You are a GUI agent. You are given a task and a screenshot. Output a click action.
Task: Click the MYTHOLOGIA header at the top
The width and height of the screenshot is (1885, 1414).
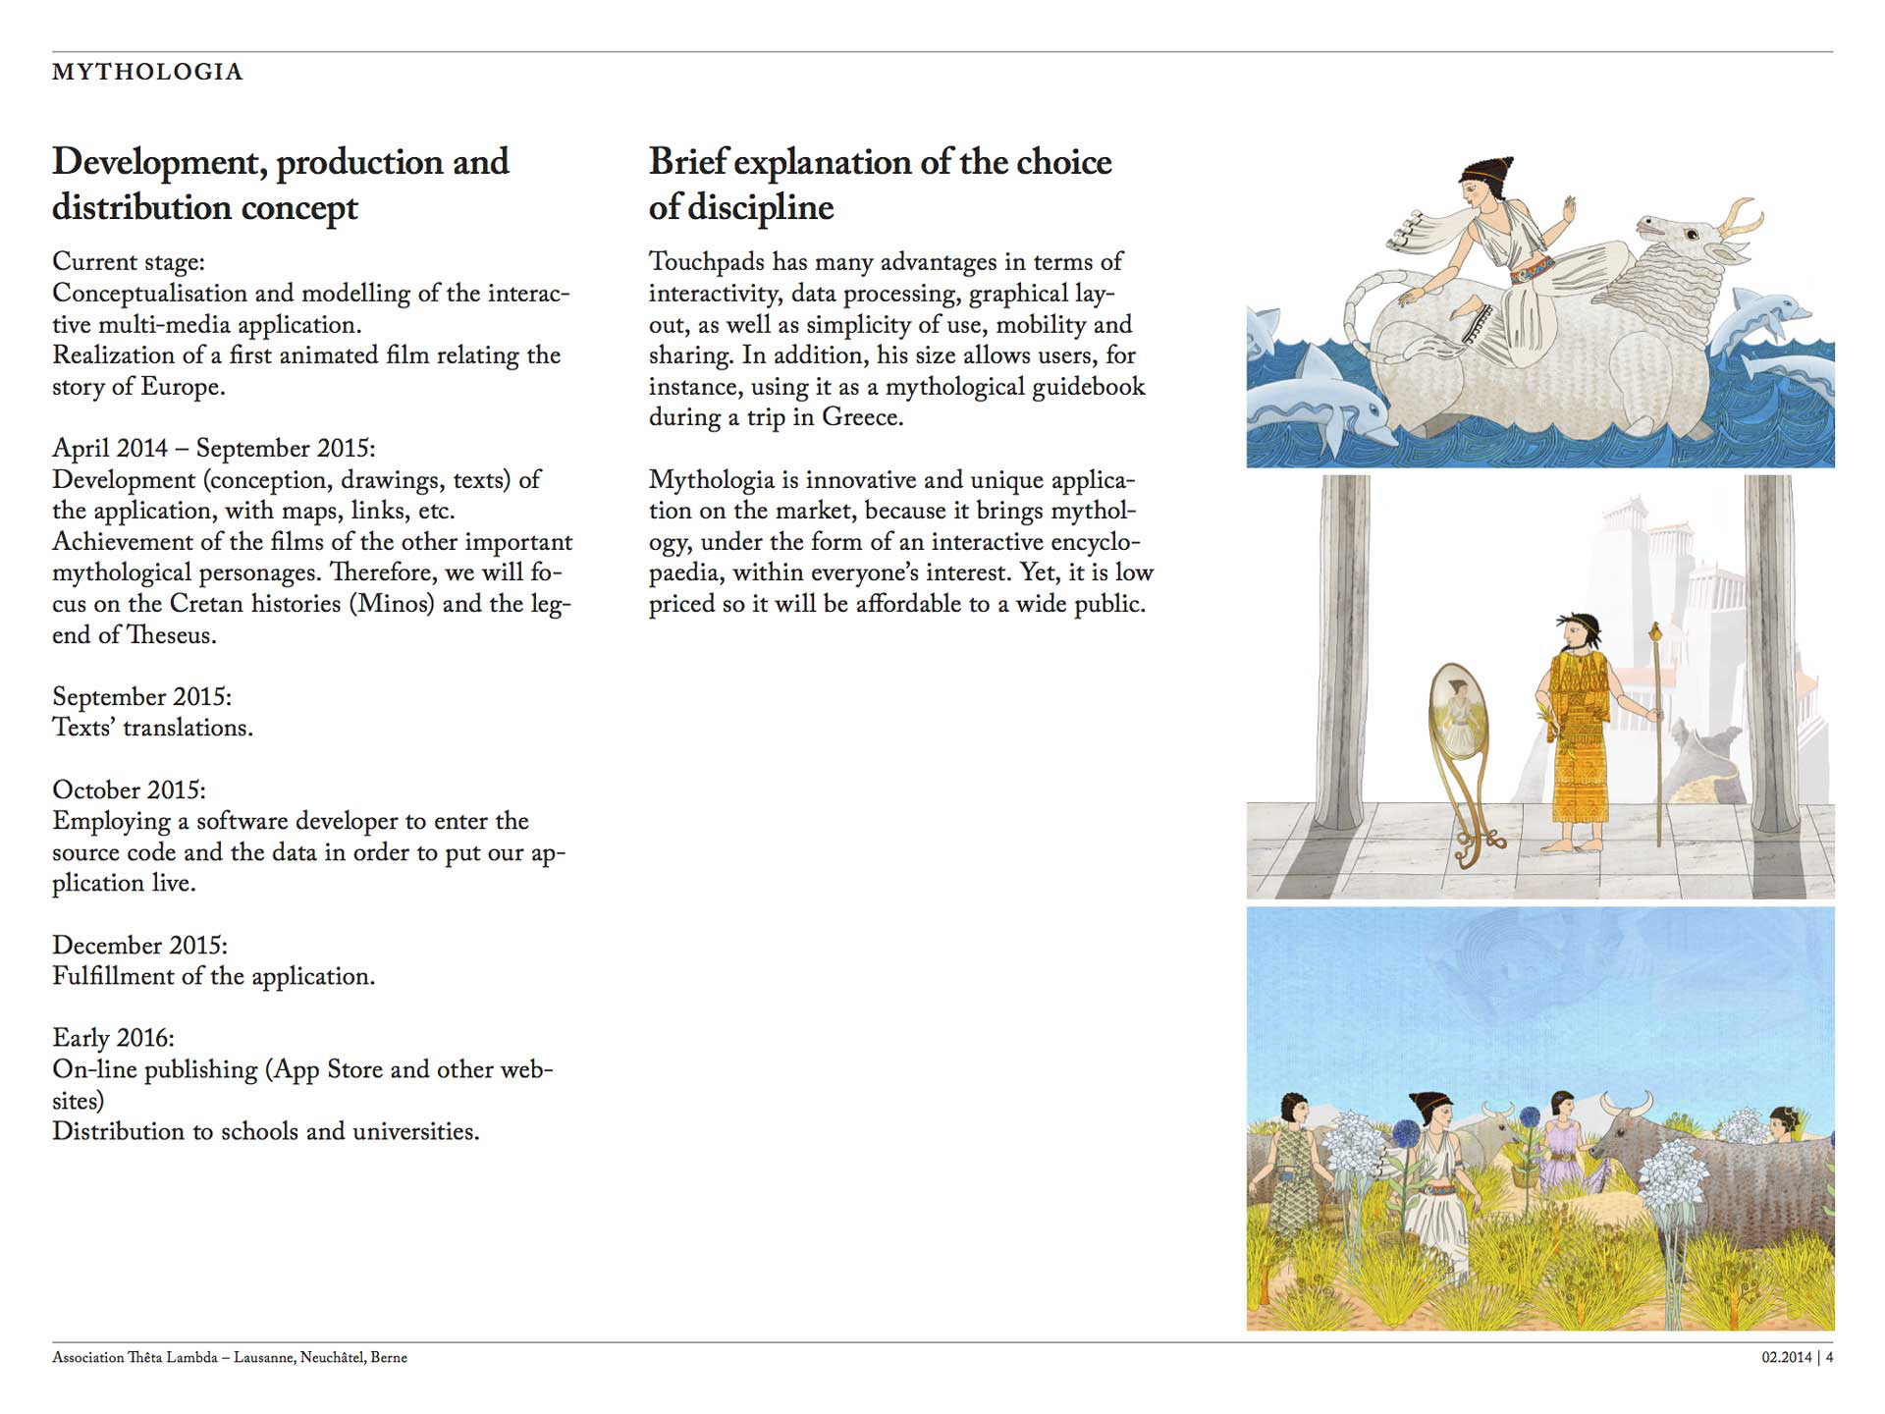click(147, 72)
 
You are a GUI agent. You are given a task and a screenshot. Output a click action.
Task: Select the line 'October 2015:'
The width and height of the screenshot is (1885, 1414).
click(130, 790)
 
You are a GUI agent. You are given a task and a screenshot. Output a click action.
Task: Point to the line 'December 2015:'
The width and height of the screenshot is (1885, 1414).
click(139, 946)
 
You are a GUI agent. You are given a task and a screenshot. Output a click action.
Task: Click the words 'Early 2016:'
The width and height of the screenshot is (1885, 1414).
click(113, 1038)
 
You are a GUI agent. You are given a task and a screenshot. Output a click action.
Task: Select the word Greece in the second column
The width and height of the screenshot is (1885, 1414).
click(861, 417)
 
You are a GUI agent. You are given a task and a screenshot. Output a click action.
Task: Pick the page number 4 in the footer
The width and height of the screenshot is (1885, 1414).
click(1829, 1358)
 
